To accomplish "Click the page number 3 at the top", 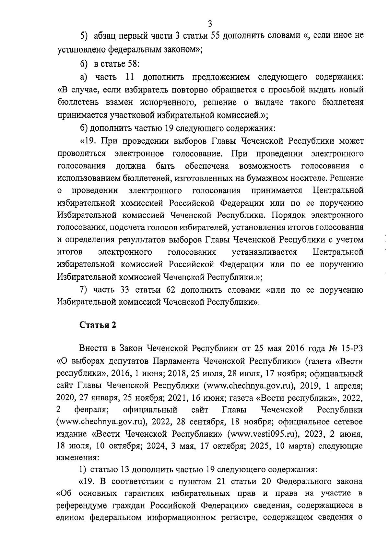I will coord(210,23).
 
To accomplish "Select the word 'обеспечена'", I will coord(207,166).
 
